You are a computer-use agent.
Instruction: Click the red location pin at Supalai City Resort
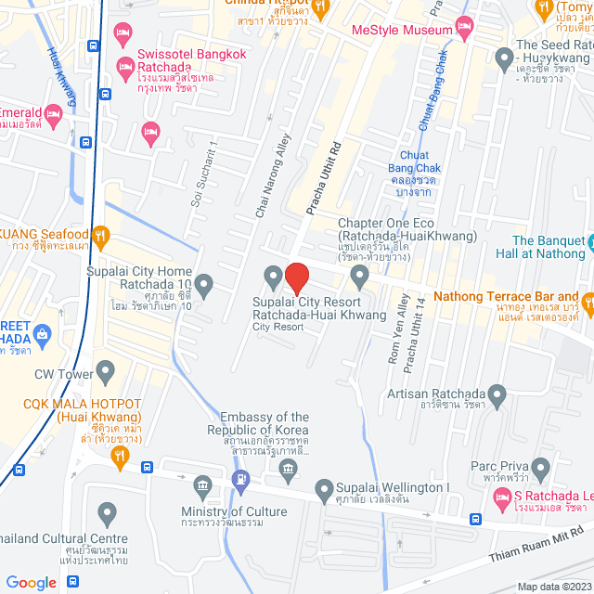(296, 278)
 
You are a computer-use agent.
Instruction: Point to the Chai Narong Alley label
(272, 176)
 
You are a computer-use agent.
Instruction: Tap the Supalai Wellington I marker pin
(324, 488)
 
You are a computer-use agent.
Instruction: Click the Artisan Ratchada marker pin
(497, 397)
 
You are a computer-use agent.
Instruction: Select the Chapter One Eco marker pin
(359, 276)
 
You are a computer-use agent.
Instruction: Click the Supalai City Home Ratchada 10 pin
(203, 283)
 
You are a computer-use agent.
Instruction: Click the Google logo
(32, 582)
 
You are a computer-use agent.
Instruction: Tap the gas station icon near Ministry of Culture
(241, 479)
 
